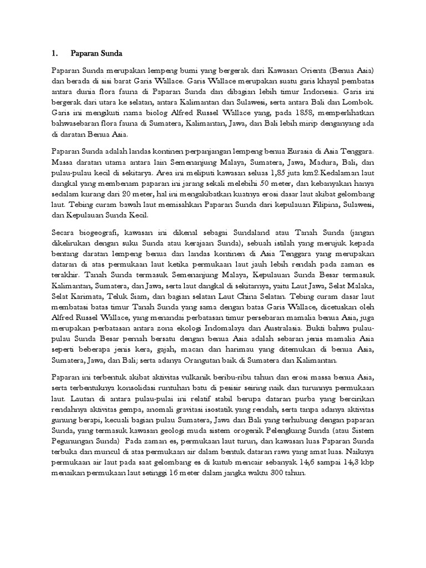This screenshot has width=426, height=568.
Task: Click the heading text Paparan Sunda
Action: [96, 53]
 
